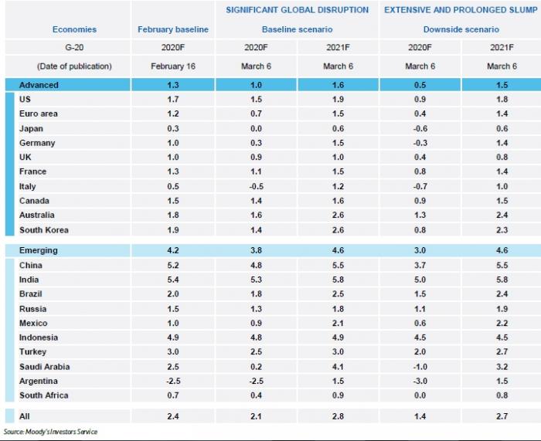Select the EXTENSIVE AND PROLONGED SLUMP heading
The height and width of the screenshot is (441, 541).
[x=460, y=10]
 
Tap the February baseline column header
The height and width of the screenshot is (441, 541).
[x=173, y=29]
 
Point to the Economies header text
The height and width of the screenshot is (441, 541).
[x=74, y=29]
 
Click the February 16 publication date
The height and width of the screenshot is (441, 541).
[x=173, y=66]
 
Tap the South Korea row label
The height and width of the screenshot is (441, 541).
[x=44, y=229]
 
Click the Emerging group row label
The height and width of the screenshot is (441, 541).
[x=39, y=250]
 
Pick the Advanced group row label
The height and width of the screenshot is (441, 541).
[x=39, y=85]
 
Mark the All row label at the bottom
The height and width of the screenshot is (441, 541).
[x=25, y=416]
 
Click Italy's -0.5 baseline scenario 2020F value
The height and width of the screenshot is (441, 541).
[x=256, y=186]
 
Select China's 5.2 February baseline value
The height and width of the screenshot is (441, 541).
[x=174, y=265]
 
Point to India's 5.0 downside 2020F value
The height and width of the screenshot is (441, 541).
[x=420, y=280]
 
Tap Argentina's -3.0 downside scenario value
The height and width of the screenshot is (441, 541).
[x=419, y=381]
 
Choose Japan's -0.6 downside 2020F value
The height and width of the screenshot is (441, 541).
[x=419, y=128]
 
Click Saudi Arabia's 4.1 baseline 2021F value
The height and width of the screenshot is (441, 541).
[x=338, y=366]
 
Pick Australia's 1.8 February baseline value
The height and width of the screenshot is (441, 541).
[x=174, y=215]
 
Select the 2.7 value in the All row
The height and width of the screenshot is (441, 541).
[x=501, y=416]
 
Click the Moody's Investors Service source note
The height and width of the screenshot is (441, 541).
[x=50, y=432]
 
